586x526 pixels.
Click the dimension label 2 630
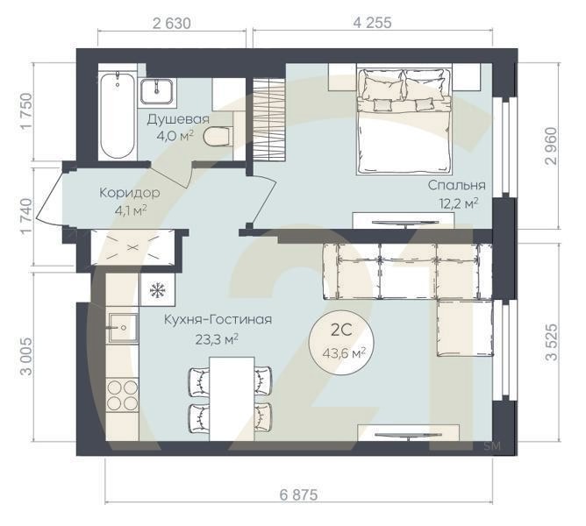pos(172,23)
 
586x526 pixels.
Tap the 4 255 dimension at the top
pos(373,23)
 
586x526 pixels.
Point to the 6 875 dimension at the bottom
pos(298,494)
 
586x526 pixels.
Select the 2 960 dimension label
pos(551,146)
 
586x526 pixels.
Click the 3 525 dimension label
pos(551,342)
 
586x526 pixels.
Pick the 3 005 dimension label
pos(25,357)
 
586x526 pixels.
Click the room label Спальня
pos(457,185)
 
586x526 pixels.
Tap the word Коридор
pos(130,193)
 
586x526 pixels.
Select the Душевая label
pos(178,119)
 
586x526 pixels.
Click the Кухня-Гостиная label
pos(218,320)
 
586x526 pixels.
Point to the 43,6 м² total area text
pos(344,352)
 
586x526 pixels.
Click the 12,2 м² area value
pos(460,203)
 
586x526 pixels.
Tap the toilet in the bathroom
pos(218,137)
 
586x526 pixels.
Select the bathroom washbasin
pos(156,91)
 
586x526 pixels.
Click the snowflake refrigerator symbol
pos(158,290)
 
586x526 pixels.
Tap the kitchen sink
pos(123,328)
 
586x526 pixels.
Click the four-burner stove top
pos(122,395)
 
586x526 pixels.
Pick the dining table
pos(232,399)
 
